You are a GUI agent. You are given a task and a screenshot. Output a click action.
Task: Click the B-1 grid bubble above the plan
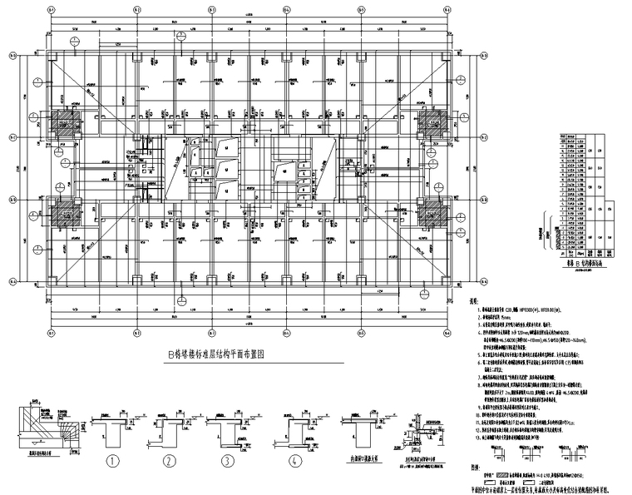(52, 9)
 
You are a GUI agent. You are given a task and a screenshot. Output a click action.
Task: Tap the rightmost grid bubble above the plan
(447, 9)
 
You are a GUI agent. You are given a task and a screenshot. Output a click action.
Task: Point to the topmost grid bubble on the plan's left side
(12, 57)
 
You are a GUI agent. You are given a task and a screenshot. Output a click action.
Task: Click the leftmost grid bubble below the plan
(52, 334)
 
